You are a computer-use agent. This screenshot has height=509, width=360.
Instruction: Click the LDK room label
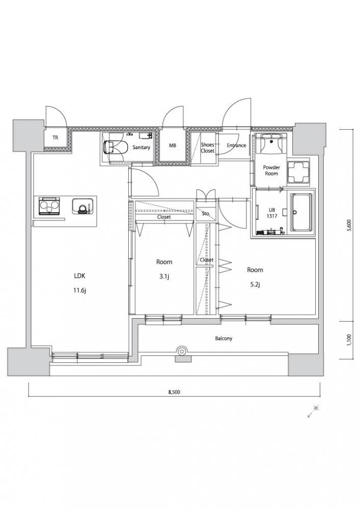[79, 276]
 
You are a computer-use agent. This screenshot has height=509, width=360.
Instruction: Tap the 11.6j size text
[79, 291]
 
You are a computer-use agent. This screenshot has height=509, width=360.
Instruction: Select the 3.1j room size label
[164, 276]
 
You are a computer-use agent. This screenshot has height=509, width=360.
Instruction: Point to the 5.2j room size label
[255, 285]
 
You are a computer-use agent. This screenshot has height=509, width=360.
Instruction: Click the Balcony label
[224, 338]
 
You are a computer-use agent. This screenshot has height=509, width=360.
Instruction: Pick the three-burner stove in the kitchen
[49, 206]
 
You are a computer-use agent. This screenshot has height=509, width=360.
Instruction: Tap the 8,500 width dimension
[174, 392]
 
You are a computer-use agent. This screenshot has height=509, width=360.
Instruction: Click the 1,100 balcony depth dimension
[349, 340]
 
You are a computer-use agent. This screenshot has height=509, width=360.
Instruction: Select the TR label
[56, 137]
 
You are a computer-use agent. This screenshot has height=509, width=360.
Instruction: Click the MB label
[173, 146]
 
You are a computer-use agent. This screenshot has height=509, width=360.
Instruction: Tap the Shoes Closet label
[207, 148]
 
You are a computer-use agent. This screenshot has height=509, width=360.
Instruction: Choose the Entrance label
[236, 146]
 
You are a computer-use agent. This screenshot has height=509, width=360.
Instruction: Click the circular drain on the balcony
[181, 351]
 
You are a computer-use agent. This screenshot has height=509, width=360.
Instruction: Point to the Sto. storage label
[205, 214]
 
